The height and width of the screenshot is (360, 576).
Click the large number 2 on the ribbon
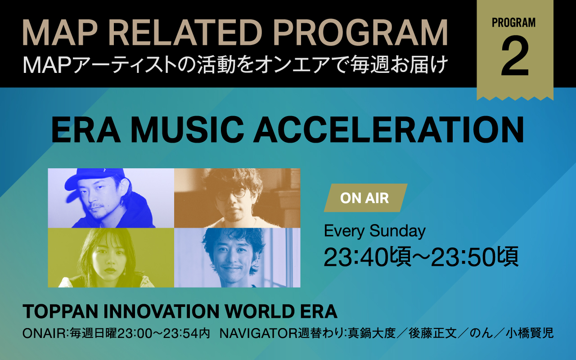(515, 56)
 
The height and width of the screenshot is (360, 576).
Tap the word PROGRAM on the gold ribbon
(514, 22)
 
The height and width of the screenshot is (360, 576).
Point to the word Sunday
(397, 231)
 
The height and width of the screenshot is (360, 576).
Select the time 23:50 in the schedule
(463, 257)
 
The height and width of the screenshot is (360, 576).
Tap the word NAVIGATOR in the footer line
(258, 333)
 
